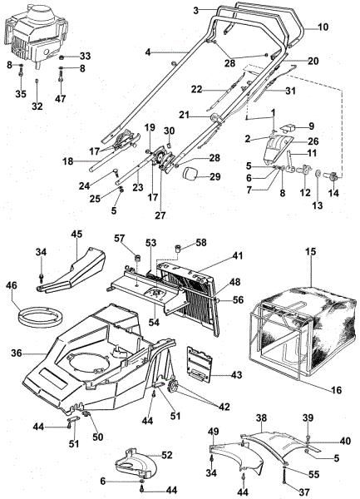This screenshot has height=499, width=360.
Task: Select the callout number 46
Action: click(11, 284)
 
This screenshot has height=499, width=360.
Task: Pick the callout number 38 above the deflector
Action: click(260, 417)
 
